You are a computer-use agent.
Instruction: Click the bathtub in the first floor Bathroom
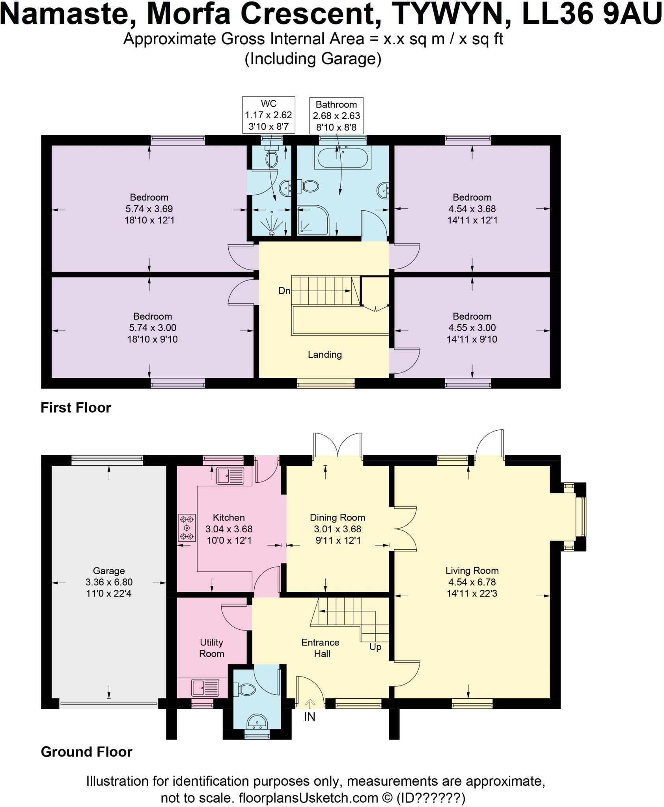click(x=341, y=157)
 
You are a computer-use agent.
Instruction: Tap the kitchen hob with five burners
click(x=187, y=528)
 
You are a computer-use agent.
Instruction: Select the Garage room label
click(x=109, y=571)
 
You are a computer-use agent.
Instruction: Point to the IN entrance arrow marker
click(x=310, y=703)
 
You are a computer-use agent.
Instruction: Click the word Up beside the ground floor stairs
click(x=375, y=647)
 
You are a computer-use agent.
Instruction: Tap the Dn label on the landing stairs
click(x=284, y=291)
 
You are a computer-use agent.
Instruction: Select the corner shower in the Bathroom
click(x=313, y=221)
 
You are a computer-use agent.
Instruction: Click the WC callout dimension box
click(x=269, y=115)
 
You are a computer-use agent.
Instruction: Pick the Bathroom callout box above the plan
click(x=336, y=116)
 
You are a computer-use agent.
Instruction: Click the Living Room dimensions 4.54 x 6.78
click(x=472, y=582)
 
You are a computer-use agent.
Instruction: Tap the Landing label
click(x=325, y=355)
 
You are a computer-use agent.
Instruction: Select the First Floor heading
click(x=76, y=407)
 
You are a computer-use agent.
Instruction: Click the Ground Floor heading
click(x=86, y=752)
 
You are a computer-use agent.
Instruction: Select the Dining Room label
click(x=338, y=517)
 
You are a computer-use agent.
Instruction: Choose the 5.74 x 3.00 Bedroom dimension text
click(x=153, y=327)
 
